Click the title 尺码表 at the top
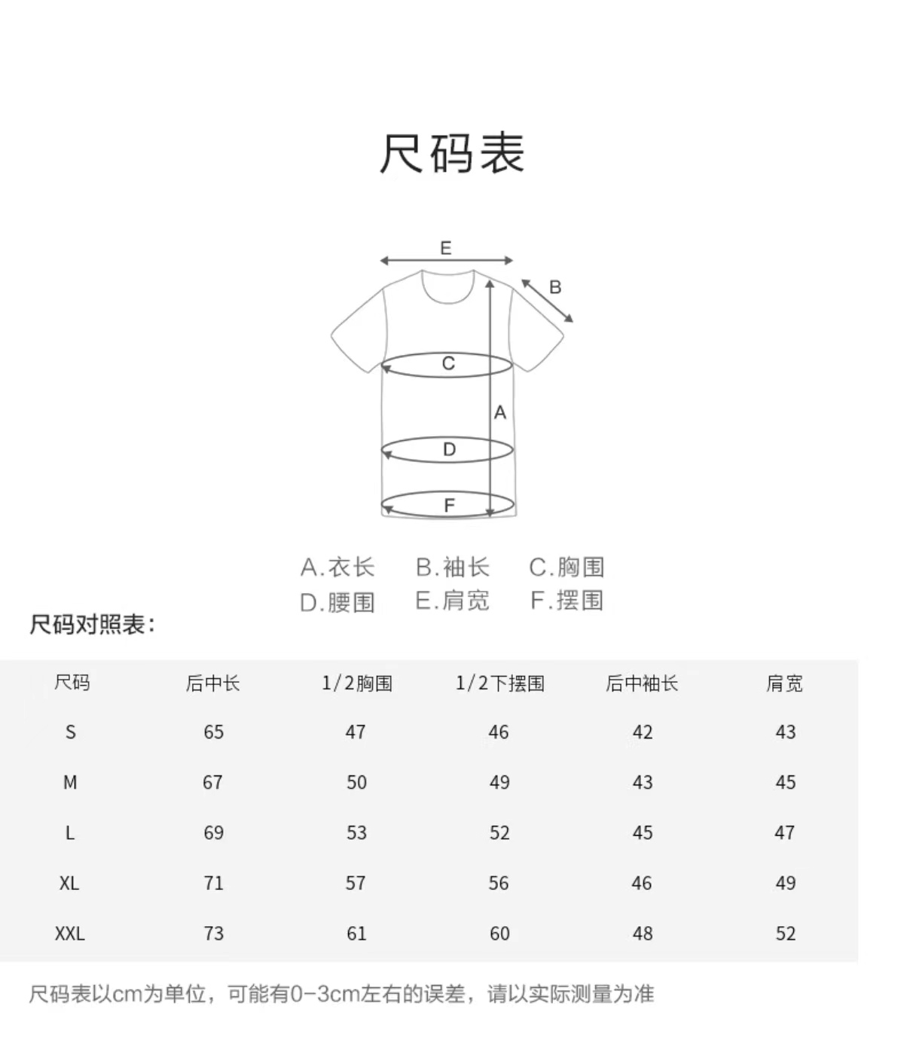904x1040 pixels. click(451, 153)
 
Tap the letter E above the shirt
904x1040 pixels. click(446, 248)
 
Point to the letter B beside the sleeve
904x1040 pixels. click(555, 287)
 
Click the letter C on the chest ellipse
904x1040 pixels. click(448, 364)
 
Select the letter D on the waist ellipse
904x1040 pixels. click(449, 450)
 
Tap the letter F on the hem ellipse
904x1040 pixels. click(450, 505)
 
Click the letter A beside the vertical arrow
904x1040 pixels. click(500, 413)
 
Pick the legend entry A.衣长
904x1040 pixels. click(337, 567)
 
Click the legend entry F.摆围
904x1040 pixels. click(567, 601)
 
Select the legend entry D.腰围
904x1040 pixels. click(337, 602)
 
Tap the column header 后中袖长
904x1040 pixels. click(642, 684)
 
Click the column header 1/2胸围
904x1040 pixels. click(357, 684)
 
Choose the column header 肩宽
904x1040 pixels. click(785, 684)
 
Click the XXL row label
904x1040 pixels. click(70, 934)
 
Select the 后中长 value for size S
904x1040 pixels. click(214, 732)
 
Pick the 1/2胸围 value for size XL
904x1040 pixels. click(356, 883)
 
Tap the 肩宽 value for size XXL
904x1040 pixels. click(786, 934)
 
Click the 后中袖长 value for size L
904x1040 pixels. click(643, 833)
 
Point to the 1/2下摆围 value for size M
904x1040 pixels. click(499, 782)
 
